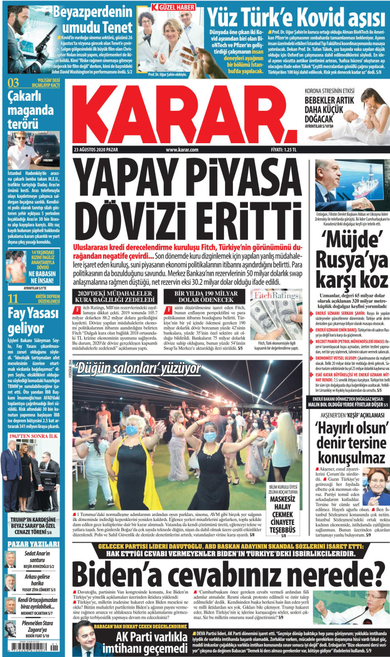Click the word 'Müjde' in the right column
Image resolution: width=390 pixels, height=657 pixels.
[348, 242]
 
